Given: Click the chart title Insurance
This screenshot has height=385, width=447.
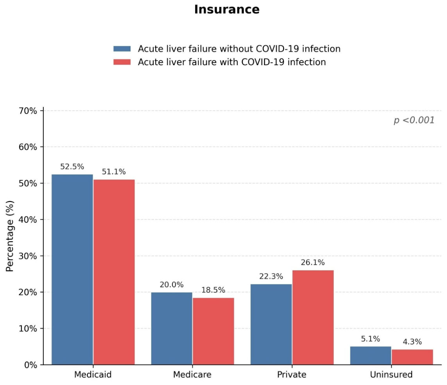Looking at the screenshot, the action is click(x=227, y=10).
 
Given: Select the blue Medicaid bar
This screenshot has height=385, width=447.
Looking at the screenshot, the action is click(x=72, y=269).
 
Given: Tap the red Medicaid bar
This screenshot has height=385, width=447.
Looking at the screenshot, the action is click(x=114, y=272).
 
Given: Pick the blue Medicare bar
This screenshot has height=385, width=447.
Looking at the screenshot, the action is click(x=172, y=328).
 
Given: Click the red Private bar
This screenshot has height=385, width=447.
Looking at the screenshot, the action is click(x=313, y=317).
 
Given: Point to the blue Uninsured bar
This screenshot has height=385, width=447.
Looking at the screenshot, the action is click(x=371, y=355).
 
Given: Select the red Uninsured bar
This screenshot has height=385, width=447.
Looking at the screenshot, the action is click(x=412, y=357).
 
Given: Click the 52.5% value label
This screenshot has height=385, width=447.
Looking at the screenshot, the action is click(x=72, y=167).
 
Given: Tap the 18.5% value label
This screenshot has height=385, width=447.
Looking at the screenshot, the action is click(x=213, y=290).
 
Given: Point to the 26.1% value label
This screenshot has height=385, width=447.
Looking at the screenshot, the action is click(x=313, y=263).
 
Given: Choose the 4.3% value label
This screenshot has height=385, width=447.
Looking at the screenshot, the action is click(x=412, y=342).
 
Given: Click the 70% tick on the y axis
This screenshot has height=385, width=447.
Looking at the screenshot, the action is click(x=28, y=111).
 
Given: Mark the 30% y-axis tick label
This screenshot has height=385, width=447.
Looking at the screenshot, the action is click(x=28, y=256).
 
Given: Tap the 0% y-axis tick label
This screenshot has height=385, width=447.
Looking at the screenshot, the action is click(x=31, y=365).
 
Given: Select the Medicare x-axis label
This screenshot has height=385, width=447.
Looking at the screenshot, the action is click(x=192, y=374).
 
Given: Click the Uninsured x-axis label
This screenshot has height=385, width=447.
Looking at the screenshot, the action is click(x=391, y=374).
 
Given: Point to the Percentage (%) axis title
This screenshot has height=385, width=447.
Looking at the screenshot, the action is click(x=10, y=236).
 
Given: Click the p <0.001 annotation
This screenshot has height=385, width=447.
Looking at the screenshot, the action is click(x=414, y=120).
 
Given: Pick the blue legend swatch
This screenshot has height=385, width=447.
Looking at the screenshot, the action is click(x=122, y=49).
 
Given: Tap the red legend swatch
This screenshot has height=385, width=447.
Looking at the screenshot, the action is click(x=122, y=62).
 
